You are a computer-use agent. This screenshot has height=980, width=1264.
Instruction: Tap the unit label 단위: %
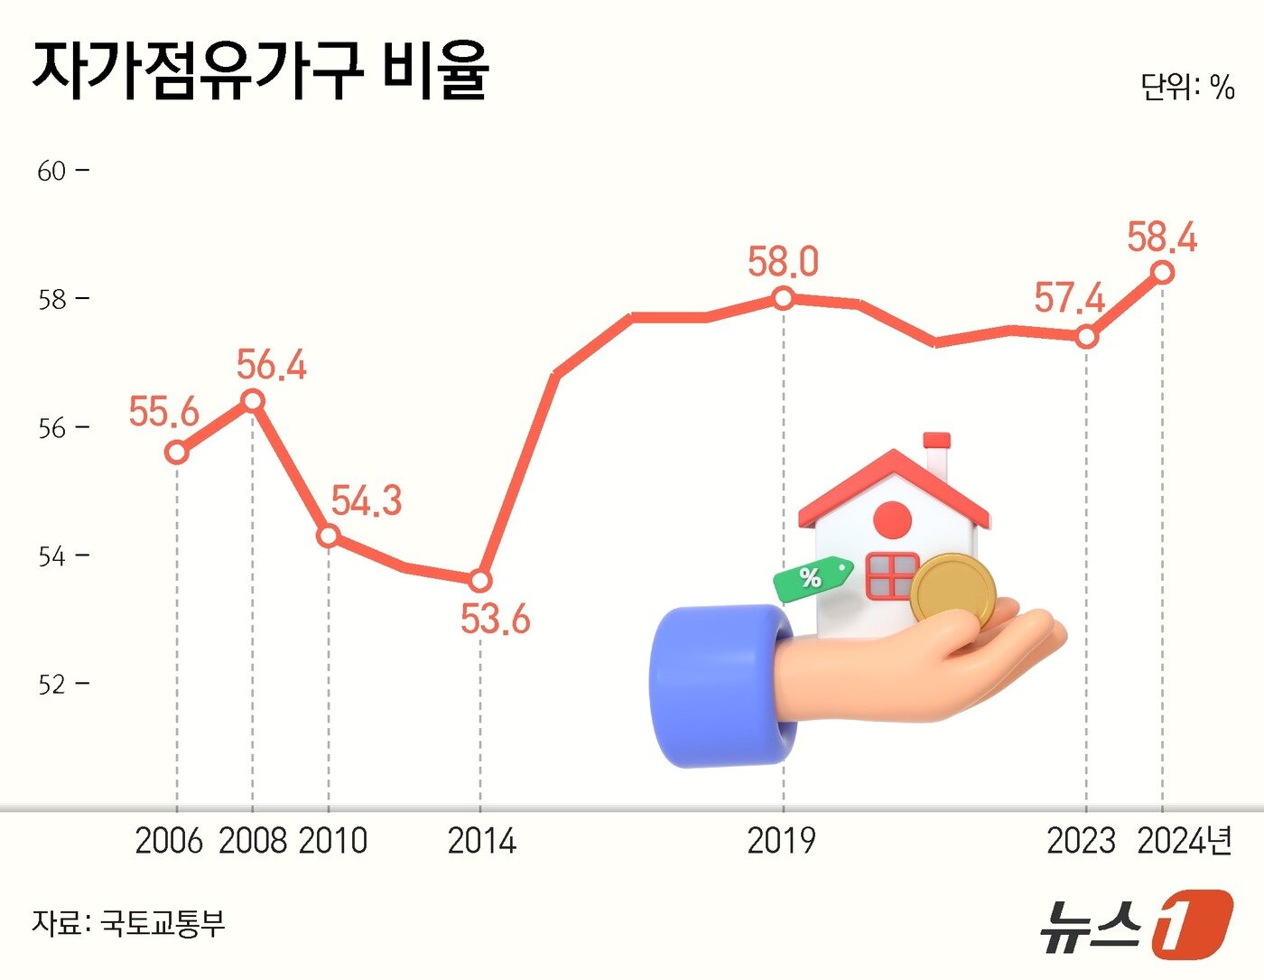[1186, 87]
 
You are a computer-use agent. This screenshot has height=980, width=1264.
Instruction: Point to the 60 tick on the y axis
[52, 171]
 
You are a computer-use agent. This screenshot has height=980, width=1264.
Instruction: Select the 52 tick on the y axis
[52, 685]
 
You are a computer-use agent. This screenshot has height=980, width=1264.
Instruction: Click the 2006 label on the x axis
[169, 841]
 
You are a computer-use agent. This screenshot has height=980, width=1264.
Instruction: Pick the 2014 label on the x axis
[481, 841]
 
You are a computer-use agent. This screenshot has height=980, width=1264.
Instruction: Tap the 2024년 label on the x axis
[1185, 841]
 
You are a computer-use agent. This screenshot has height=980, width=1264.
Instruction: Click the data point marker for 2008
[253, 400]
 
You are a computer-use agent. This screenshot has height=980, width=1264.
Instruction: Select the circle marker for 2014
[480, 580]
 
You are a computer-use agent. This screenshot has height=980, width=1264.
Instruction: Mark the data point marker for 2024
[1163, 272]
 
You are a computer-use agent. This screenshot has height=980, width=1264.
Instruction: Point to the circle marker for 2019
[784, 297]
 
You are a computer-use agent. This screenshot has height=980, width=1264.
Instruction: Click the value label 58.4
[1162, 238]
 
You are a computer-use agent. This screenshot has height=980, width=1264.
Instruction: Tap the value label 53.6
[495, 620]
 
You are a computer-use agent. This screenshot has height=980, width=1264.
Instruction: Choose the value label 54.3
[366, 501]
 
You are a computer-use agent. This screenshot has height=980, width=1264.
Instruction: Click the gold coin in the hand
[953, 592]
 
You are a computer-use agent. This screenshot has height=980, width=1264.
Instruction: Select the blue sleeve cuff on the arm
[722, 686]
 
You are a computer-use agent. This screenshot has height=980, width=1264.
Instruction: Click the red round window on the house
[893, 520]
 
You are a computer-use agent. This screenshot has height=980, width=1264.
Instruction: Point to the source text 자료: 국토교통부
[128, 923]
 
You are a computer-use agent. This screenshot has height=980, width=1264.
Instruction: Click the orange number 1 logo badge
[1191, 923]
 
